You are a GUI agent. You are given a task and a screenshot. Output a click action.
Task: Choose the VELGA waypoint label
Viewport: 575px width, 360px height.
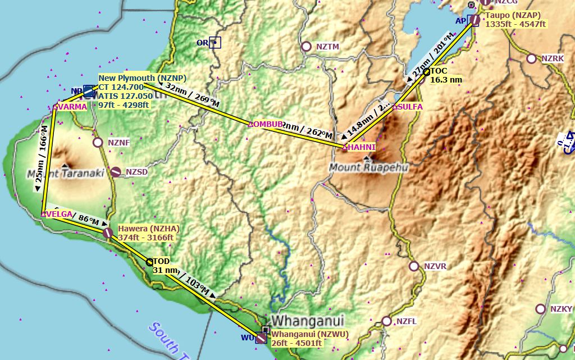58,214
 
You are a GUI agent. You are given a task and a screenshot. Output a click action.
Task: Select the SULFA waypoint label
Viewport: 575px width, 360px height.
410,106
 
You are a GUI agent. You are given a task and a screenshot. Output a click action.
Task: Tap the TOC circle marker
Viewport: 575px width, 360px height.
427,71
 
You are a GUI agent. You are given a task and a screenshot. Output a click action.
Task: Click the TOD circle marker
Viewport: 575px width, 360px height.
149,262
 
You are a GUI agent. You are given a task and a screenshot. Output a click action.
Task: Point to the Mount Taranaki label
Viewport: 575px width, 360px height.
66,174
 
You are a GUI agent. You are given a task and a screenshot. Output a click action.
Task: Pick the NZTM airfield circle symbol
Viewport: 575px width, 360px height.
306,47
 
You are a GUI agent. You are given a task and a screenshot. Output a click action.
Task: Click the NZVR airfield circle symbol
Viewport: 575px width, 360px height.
414,266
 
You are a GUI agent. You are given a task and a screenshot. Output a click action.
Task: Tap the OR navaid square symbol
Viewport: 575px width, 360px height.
216,42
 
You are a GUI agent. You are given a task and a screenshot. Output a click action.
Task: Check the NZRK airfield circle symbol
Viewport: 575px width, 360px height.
531,58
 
